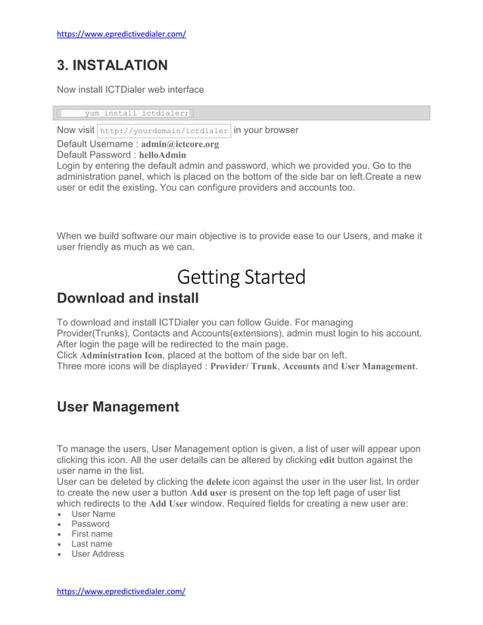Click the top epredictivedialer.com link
pos(121,34)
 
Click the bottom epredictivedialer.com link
pos(121,591)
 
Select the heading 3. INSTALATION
pos(112,65)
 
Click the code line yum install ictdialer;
pos(136,113)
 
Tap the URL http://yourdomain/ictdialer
pos(164,131)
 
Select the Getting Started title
pos(241,277)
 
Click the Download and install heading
pos(128,297)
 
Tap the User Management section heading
pos(118,407)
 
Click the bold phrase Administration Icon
pos(121,355)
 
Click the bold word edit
pos(327,459)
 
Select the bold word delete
pos(217,481)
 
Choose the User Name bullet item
pos(93,514)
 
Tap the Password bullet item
pos(90,524)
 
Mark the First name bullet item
pos(92,533)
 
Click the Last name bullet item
pos(92,543)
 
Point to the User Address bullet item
pos(98,554)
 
